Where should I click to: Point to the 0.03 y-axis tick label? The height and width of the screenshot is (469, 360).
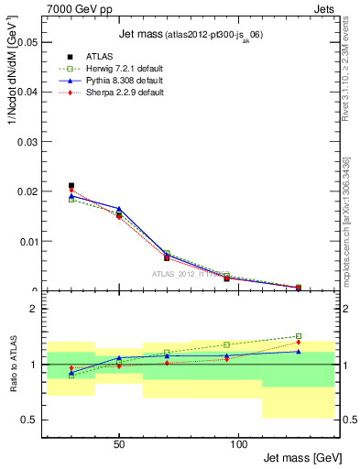[x=26, y=142]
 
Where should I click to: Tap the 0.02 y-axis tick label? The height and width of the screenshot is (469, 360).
[x=26, y=192]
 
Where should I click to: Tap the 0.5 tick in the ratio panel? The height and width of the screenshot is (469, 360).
[x=29, y=420]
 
